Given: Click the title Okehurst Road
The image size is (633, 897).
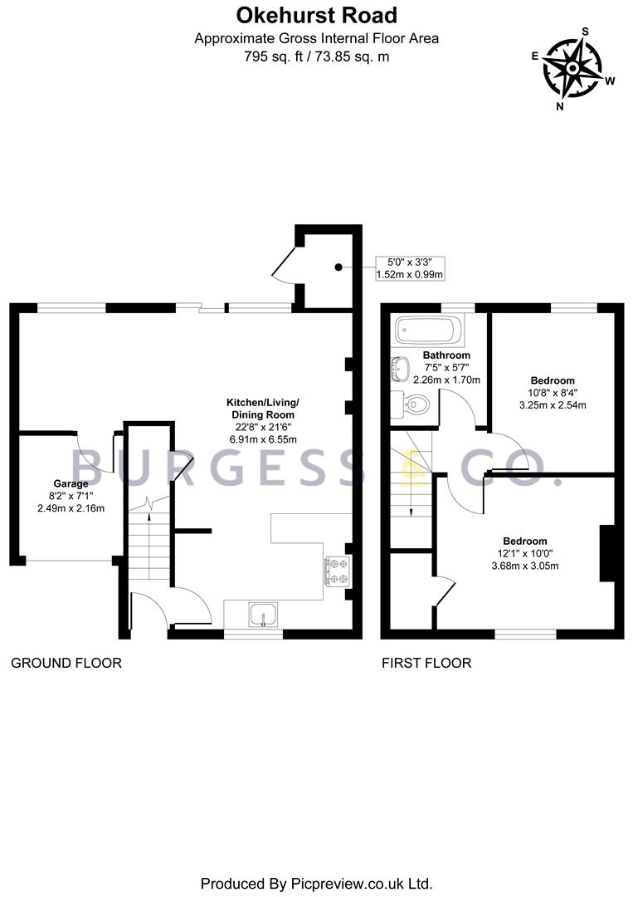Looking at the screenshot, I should click(316, 15).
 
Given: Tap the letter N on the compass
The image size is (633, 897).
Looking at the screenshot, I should click(561, 105).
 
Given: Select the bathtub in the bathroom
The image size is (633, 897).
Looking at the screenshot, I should click(428, 330).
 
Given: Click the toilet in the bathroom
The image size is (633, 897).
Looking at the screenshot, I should click(411, 404).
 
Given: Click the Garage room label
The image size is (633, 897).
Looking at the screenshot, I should click(71, 483).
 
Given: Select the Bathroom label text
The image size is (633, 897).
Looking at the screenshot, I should click(446, 355).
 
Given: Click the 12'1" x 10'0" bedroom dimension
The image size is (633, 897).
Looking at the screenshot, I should click(523, 553).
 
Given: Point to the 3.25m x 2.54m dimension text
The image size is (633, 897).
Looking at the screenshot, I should click(552, 405).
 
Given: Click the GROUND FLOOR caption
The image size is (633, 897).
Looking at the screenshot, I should click(66, 663).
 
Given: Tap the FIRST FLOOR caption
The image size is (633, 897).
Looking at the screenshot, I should click(426, 663).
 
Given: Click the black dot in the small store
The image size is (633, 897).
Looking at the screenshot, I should click(338, 267).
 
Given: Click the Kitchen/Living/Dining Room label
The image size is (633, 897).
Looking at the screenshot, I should click(261, 408).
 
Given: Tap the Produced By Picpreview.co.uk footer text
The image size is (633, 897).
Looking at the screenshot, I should click(316, 882).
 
